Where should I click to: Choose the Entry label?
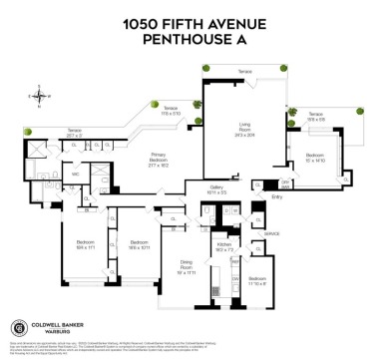point(276,197)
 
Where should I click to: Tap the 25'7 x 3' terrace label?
point(46,133)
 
